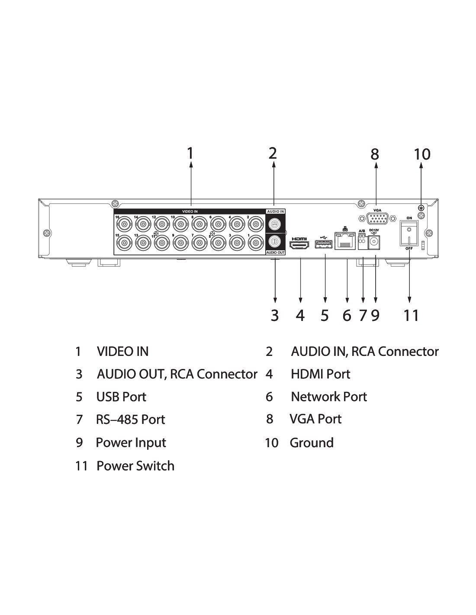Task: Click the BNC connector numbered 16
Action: click(x=124, y=224)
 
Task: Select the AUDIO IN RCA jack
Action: click(x=274, y=224)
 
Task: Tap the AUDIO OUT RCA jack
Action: click(x=274, y=241)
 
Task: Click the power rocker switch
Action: click(x=409, y=233)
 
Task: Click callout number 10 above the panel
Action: click(x=422, y=154)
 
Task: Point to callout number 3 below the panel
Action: click(x=275, y=316)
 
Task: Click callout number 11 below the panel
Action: click(x=411, y=316)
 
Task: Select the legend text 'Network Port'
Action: click(x=328, y=397)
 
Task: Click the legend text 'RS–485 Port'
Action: click(x=130, y=420)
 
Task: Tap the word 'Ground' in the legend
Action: click(x=312, y=443)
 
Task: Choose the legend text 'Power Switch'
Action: click(x=135, y=466)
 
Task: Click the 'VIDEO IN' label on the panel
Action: click(x=190, y=211)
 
